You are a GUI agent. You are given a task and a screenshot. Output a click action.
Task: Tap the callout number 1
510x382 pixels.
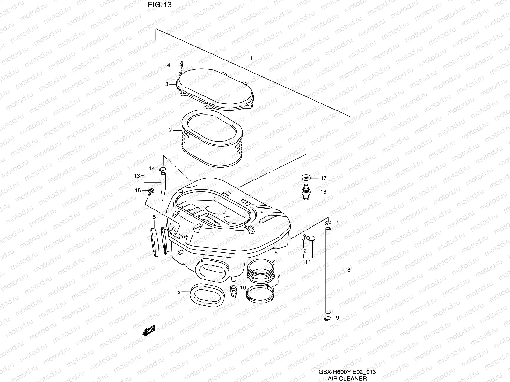coord(251,58)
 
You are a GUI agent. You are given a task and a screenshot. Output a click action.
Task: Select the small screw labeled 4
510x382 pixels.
coord(182,64)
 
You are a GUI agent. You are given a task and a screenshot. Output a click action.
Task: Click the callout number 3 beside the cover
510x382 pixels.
coord(167,84)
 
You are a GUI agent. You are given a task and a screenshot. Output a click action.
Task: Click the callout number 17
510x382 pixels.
coord(324,178)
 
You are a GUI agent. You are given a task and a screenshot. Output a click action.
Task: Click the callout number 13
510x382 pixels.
coord(137,176)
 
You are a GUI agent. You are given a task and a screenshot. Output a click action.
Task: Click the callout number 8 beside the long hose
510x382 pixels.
coord(349,270)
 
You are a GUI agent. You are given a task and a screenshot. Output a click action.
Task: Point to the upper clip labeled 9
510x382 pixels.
coord(328,222)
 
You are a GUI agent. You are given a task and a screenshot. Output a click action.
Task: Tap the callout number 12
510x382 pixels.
coord(303,251)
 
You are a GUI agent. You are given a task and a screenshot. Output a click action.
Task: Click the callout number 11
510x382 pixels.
coord(308,262)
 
